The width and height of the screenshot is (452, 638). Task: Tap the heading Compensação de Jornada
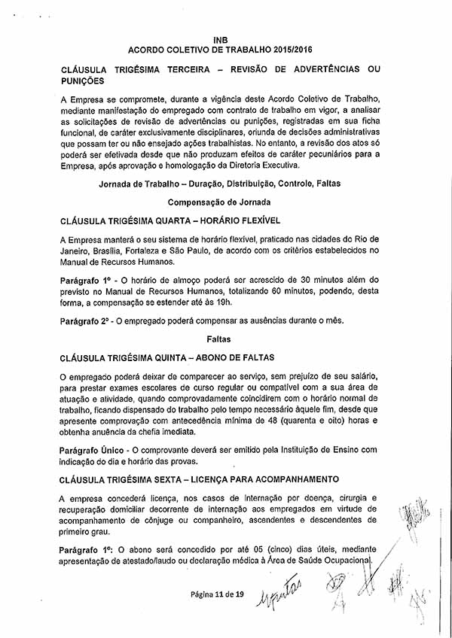220,202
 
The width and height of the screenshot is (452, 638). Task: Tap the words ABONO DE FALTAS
237,357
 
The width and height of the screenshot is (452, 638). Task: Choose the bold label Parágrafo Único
88,449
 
